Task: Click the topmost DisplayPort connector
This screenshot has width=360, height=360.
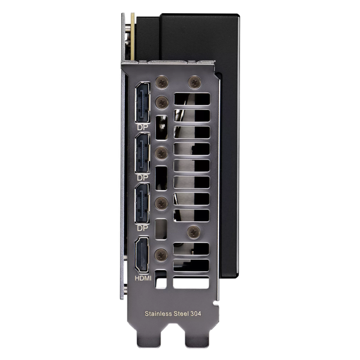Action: pyautogui.click(x=143, y=103)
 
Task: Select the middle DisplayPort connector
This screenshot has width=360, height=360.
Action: pyautogui.click(x=143, y=153)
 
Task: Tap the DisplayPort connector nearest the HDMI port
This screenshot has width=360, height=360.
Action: pyautogui.click(x=143, y=203)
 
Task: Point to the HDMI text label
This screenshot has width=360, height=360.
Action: pyautogui.click(x=143, y=278)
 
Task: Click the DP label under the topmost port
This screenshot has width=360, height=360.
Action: pyautogui.click(x=143, y=127)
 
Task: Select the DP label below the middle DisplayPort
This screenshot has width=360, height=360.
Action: pyautogui.click(x=143, y=178)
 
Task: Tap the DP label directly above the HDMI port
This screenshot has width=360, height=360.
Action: pyautogui.click(x=143, y=228)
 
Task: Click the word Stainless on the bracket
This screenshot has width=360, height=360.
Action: pyautogui.click(x=158, y=314)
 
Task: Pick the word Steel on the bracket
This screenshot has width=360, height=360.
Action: pyautogui.click(x=181, y=314)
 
